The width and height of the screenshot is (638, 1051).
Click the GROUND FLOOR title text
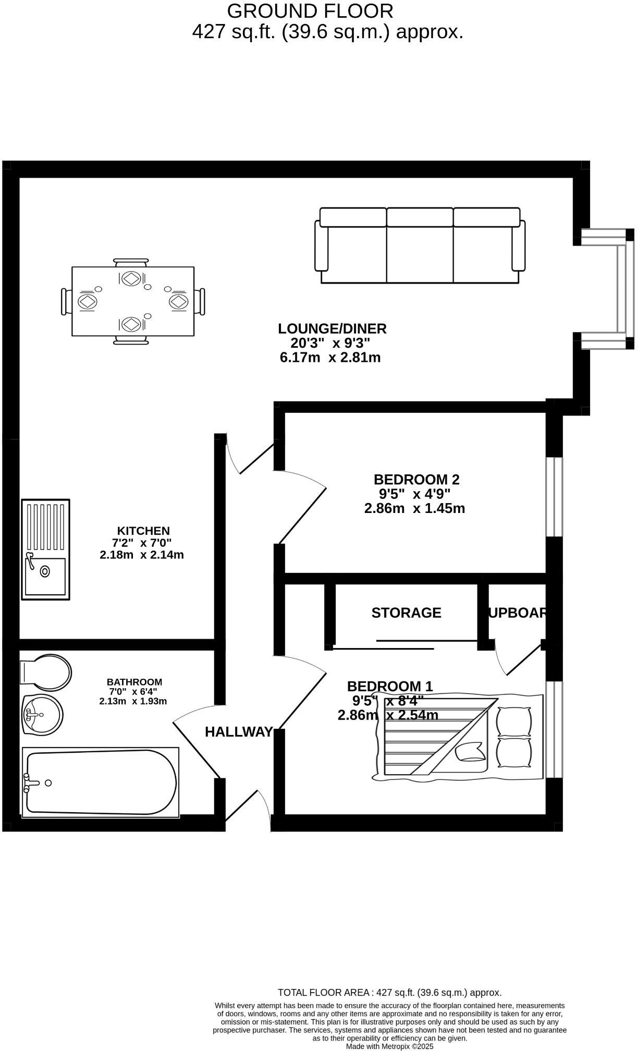(310, 11)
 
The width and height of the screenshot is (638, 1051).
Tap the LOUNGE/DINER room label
(332, 329)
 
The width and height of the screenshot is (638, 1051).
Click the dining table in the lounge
(133, 301)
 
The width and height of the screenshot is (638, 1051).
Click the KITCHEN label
(143, 531)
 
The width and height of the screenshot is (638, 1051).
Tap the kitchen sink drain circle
(45, 571)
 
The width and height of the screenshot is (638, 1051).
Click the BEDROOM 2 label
(416, 479)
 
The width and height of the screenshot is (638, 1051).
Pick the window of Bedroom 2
(554, 497)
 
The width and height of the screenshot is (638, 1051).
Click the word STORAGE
(406, 613)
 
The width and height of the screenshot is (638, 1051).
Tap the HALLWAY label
(239, 732)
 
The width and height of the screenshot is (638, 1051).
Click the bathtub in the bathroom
(101, 782)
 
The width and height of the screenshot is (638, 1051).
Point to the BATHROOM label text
(134, 682)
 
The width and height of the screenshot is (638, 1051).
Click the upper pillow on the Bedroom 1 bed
(514, 721)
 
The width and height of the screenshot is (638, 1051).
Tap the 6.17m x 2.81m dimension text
(330, 358)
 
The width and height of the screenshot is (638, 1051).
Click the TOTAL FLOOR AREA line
(389, 993)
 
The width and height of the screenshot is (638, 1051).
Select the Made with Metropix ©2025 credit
(389, 1046)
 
